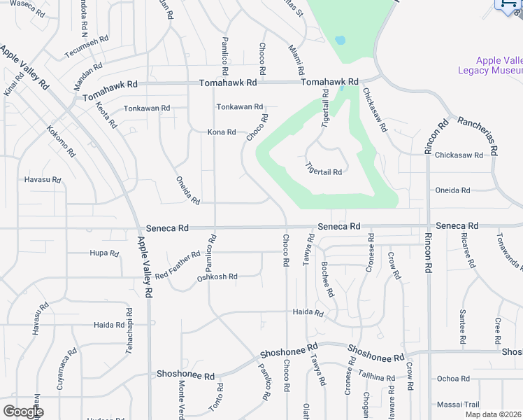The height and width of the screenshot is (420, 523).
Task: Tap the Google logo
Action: pos(23,412)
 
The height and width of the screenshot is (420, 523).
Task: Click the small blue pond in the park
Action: pos(340,40)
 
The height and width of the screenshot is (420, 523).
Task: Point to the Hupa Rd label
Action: pos(103,253)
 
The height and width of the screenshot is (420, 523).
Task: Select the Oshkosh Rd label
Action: pos(217,276)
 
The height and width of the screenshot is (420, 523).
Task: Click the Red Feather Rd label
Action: pos(178,266)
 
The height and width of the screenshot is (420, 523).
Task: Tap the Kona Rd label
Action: pos(222,132)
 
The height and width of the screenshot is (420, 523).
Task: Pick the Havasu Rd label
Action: pos(43,180)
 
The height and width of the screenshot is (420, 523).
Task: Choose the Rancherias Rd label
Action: pos(478,134)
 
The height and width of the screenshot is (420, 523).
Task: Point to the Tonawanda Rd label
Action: pos(507,252)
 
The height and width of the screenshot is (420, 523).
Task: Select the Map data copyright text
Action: pos(493,414)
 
